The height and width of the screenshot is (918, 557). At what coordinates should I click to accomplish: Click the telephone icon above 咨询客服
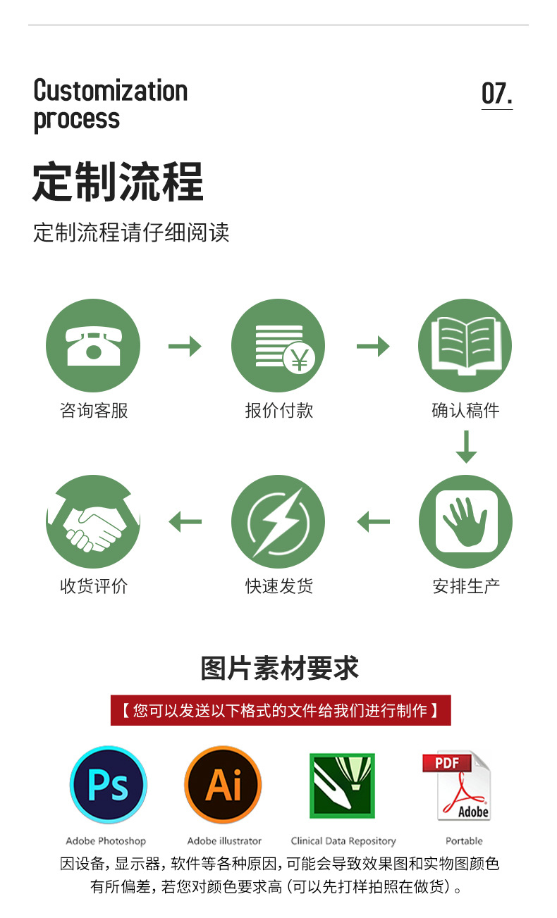coord(93,345)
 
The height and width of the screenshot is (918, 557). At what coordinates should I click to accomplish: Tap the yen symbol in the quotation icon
coord(300,361)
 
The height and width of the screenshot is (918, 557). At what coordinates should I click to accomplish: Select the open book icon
coord(465,345)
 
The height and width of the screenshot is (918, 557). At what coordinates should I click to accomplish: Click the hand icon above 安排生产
coord(465,522)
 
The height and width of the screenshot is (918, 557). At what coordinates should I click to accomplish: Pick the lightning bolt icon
coord(278,522)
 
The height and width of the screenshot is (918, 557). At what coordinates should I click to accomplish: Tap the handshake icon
coord(93,522)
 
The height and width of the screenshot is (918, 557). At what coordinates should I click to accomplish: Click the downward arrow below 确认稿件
coord(466,446)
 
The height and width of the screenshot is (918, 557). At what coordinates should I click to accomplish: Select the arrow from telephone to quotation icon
coord(185,346)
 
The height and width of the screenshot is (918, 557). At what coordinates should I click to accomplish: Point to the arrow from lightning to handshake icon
coord(185,522)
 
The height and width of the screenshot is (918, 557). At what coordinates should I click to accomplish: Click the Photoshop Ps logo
coord(108,785)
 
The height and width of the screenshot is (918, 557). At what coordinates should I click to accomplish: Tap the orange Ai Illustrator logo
coord(223,785)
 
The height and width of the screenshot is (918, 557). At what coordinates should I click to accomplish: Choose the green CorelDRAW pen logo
coord(342,786)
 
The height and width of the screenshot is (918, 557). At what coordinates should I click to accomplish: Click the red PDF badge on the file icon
coord(446,762)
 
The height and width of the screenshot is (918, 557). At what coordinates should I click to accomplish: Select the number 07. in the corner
coord(496,93)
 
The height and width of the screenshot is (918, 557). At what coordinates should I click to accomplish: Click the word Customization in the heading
coord(111,91)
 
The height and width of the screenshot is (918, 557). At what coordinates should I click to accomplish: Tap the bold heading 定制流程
coord(118,182)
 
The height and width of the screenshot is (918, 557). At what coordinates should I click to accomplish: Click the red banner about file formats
coord(280,710)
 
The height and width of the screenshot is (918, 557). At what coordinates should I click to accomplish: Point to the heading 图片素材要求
coord(280,669)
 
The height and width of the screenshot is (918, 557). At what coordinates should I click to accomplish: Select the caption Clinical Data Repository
coord(343,841)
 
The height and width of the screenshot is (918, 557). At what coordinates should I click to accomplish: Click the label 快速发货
coord(278,586)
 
